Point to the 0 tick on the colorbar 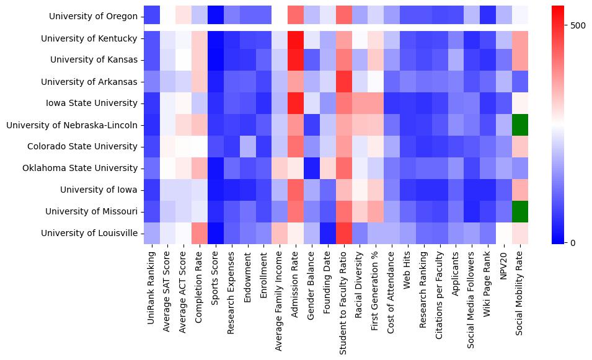(573, 242)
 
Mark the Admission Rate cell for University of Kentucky (296, 38)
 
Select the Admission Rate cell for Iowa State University (296, 103)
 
